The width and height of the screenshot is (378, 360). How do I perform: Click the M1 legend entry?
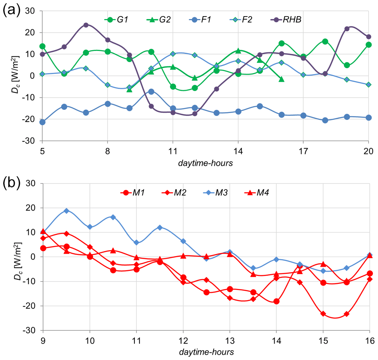click(133, 193)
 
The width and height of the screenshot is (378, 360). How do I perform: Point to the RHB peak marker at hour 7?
click(86, 25)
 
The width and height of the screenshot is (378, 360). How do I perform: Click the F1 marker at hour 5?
click(42, 122)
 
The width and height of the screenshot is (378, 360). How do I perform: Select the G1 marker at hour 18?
click(325, 42)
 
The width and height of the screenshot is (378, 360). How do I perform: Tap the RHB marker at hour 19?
click(347, 29)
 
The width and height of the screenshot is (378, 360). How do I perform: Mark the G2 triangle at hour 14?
click(238, 51)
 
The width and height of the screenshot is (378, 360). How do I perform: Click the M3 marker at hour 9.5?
click(66, 211)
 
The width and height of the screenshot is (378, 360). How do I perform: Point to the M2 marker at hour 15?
click(323, 314)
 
